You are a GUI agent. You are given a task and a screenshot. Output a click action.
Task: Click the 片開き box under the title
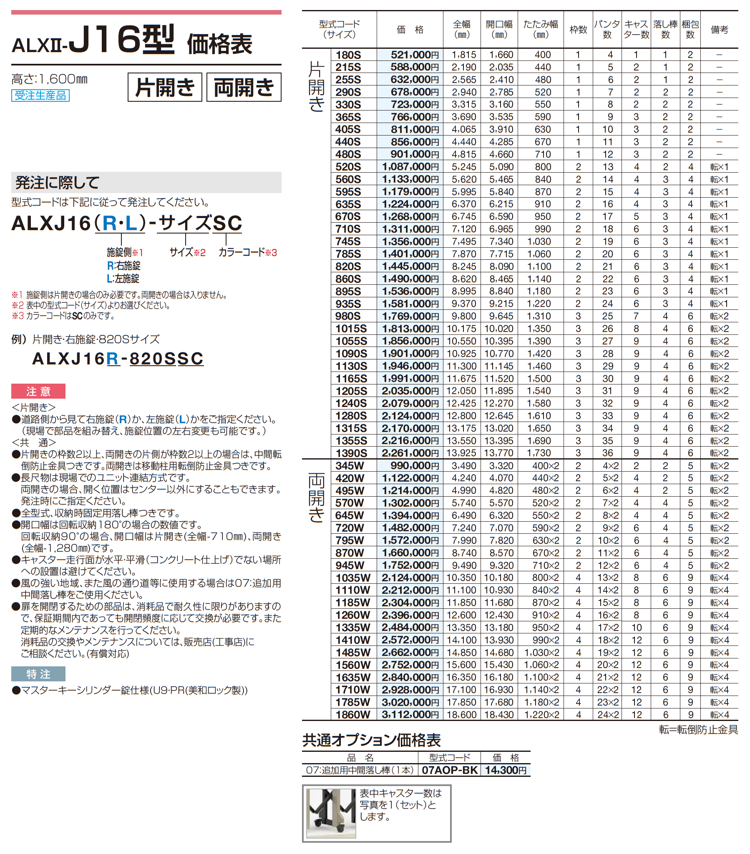click(165, 87)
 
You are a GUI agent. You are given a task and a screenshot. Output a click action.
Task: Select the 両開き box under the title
click(244, 87)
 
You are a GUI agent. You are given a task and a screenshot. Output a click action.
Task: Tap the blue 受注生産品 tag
click(40, 95)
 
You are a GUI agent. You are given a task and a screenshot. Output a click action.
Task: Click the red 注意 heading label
click(38, 391)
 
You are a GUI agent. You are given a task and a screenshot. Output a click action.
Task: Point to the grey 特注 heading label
click(38, 674)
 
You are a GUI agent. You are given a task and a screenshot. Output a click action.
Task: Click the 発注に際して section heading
click(57, 183)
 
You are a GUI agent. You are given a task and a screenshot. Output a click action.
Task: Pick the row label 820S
click(348, 266)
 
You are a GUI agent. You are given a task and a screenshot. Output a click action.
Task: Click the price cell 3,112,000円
click(410, 714)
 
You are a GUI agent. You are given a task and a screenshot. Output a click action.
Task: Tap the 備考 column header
click(719, 30)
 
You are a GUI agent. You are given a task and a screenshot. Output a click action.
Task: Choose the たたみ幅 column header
click(541, 29)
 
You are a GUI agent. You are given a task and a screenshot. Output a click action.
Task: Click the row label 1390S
click(351, 453)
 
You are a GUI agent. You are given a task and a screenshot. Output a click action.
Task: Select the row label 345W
click(350, 465)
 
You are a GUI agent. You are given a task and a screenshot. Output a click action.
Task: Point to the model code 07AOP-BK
click(449, 770)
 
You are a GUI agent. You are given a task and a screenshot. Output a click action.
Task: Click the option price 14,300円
click(506, 770)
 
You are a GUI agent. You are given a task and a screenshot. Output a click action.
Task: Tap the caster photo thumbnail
click(331, 813)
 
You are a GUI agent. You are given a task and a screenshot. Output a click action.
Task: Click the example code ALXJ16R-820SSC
click(118, 359)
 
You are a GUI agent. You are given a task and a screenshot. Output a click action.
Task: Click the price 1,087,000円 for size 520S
click(410, 167)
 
